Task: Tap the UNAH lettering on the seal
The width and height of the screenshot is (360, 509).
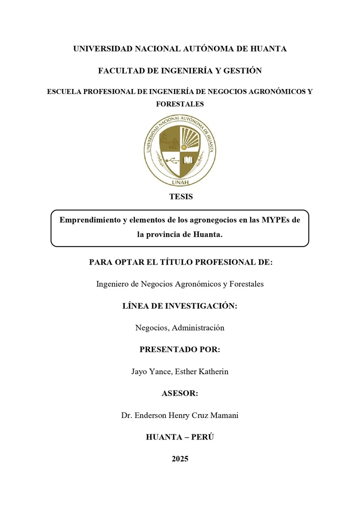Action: click(180, 182)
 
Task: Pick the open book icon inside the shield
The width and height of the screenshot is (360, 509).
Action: click(188, 160)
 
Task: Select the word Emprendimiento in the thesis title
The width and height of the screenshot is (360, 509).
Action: click(90, 219)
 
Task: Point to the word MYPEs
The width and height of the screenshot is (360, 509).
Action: click(275, 219)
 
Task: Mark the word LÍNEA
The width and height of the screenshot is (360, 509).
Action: click(136, 306)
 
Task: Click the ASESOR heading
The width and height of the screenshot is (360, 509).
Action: click(180, 393)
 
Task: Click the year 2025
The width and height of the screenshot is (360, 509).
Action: click(180, 459)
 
